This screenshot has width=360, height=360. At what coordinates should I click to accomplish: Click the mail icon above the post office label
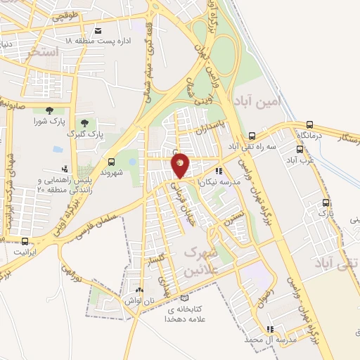point(97,31)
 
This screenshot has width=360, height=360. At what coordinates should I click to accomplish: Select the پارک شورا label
point(49,121)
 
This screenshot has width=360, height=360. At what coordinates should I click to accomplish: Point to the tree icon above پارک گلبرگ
point(84,123)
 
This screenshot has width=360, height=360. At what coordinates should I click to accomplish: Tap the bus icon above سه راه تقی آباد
point(252,136)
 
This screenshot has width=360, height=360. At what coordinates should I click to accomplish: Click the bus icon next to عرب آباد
point(300,149)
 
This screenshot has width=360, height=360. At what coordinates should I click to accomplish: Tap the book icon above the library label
point(184,299)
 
